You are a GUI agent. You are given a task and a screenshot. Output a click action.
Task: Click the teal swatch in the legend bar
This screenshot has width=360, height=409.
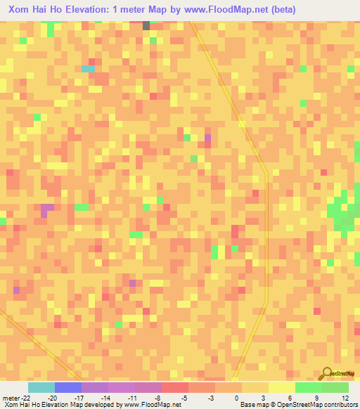click(41, 387)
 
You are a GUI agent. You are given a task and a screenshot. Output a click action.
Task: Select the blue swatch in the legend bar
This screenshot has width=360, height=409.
click(68, 387)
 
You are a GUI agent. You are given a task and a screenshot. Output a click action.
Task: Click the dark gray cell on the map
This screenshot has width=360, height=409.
click(146, 25)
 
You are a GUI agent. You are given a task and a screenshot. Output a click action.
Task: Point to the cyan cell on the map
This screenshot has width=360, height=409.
click(88, 69)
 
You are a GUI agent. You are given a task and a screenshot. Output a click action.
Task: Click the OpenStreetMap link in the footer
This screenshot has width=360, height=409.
click(289, 405)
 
